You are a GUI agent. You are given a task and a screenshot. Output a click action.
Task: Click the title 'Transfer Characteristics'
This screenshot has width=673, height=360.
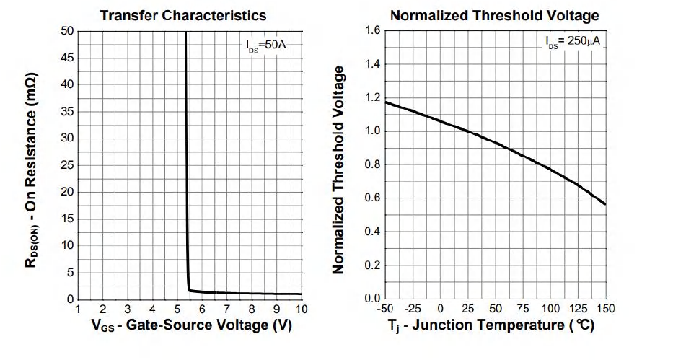[x=182, y=15]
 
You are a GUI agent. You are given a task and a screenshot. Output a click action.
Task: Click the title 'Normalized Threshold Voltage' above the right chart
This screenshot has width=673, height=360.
[x=495, y=15]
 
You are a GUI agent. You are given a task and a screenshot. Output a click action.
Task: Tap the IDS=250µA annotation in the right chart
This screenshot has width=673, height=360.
[x=573, y=42]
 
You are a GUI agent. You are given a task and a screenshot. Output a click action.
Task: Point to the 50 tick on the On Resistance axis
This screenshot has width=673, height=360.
[x=67, y=31]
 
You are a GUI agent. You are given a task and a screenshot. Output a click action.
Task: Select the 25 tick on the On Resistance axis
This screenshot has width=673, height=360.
[x=67, y=165]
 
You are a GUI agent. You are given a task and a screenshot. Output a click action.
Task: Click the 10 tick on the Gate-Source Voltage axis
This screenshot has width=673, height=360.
[x=301, y=309]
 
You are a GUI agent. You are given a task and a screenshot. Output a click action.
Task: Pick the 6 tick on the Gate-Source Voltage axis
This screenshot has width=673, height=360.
[x=202, y=309]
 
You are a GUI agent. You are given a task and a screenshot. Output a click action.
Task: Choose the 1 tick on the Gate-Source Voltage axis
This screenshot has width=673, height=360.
[x=78, y=309]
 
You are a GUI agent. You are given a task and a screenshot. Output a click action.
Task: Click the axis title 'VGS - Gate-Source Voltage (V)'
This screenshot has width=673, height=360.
[x=191, y=326]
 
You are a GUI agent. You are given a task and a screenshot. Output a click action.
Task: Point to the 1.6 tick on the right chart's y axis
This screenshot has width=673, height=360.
[x=372, y=31]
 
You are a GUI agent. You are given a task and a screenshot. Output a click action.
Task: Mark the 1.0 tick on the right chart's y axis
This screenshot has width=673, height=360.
[x=372, y=131]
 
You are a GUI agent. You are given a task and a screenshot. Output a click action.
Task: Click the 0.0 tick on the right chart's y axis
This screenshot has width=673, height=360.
[x=372, y=299]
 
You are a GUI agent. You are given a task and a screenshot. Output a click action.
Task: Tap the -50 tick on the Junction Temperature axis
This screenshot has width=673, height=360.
[x=387, y=309]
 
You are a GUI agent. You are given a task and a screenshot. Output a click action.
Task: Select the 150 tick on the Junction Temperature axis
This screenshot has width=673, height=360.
[x=604, y=309]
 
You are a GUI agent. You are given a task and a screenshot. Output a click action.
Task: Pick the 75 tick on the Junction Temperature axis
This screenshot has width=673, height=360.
[x=523, y=309]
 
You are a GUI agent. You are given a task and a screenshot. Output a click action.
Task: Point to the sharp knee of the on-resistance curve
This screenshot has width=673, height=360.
[x=189, y=289]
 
